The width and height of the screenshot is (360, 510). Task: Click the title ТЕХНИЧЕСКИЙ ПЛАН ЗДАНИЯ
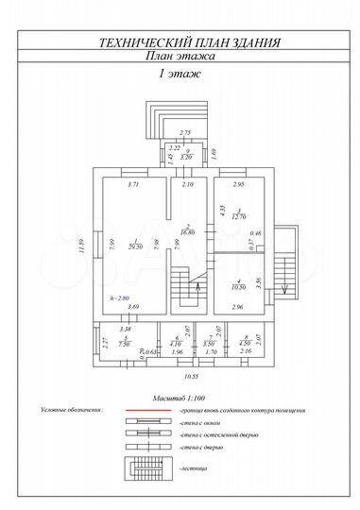click(x=180, y=42)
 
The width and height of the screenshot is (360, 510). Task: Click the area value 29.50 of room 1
click(x=135, y=245)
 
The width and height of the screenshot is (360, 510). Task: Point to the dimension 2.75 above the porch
click(x=185, y=132)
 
